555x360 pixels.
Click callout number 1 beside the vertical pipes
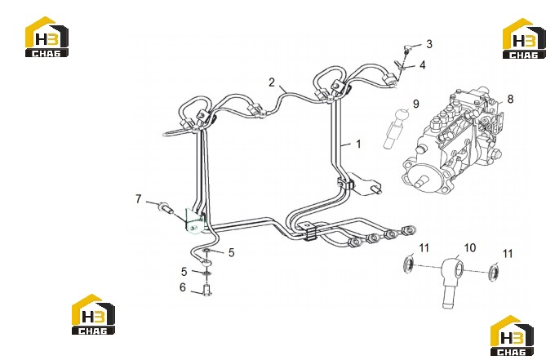(x=358, y=144)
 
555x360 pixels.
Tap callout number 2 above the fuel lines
(x=272, y=82)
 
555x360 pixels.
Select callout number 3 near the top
(x=429, y=44)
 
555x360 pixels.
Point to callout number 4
(x=423, y=65)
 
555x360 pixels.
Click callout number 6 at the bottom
(x=183, y=287)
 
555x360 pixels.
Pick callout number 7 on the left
(x=139, y=199)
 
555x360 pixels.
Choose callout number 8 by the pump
(x=510, y=99)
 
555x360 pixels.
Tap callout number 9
(x=416, y=104)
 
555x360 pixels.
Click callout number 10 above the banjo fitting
(x=470, y=248)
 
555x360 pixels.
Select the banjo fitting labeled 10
(x=451, y=280)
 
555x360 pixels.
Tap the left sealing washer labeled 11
(x=409, y=264)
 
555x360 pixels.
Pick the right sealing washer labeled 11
(x=494, y=272)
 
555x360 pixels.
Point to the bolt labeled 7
(x=166, y=208)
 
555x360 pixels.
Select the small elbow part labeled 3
(x=407, y=48)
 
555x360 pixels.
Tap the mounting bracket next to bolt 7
(x=194, y=221)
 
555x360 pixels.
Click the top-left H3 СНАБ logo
(x=47, y=37)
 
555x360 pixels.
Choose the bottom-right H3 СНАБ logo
(x=512, y=336)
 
